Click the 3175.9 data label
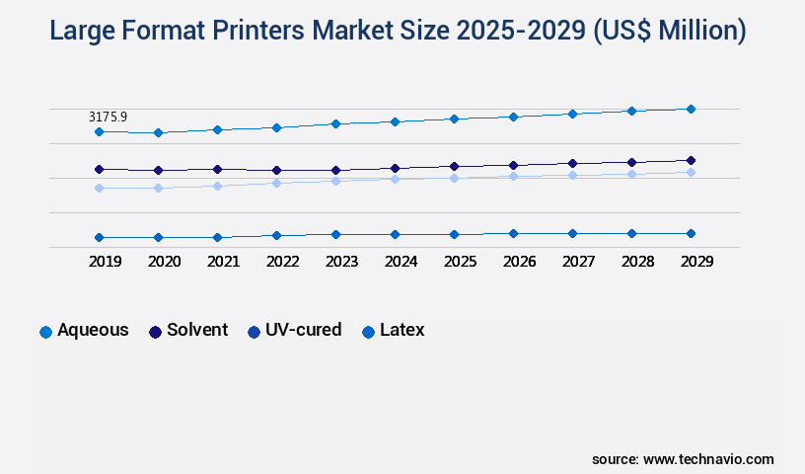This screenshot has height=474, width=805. click(x=108, y=117)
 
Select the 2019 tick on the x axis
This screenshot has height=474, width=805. click(x=105, y=262)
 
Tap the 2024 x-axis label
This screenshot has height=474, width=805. click(x=401, y=262)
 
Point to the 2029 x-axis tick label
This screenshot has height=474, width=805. click(x=696, y=262)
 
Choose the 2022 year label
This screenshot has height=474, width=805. click(x=282, y=262)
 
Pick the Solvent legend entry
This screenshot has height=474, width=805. click(x=188, y=331)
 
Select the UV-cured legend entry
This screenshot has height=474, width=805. click(x=295, y=331)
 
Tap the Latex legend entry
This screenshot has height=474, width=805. click(x=394, y=331)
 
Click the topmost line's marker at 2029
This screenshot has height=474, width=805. click(x=691, y=109)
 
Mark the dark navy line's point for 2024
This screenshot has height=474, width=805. click(x=395, y=168)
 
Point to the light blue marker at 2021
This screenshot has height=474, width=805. click(x=217, y=186)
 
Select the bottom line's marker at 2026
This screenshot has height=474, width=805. click(x=513, y=233)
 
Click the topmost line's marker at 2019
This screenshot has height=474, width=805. click(x=99, y=131)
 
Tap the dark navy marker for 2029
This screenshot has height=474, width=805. click(x=691, y=160)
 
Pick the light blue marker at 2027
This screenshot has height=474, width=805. click(x=572, y=176)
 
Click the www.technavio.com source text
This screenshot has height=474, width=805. click(x=708, y=459)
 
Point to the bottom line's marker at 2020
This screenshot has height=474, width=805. click(x=158, y=237)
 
